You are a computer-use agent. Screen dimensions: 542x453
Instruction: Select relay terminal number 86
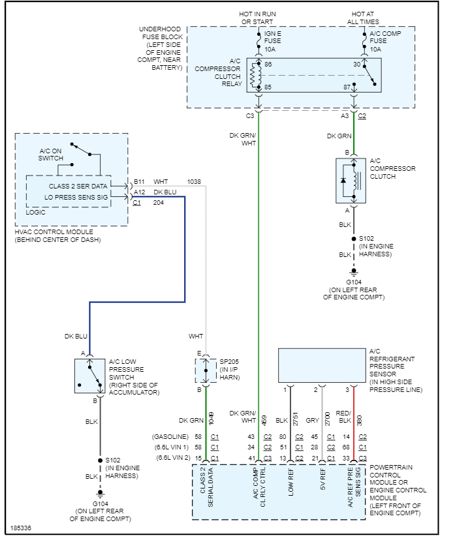point(268,65)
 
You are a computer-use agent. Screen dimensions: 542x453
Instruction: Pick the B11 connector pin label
point(139,181)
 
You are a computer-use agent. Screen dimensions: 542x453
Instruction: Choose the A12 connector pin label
point(139,192)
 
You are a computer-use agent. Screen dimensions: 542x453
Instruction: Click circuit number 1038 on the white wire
point(194,181)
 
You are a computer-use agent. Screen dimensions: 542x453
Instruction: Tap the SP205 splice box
point(205,370)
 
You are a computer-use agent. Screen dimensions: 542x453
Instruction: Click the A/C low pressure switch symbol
point(89,376)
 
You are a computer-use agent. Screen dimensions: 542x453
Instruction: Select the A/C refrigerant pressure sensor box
point(322,365)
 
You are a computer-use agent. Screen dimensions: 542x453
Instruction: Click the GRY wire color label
point(312,421)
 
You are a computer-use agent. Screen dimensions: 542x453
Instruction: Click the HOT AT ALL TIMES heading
point(363,18)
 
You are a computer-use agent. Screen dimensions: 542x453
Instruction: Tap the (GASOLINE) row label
point(170,436)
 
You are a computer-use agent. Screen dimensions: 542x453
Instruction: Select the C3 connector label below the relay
point(249,116)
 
